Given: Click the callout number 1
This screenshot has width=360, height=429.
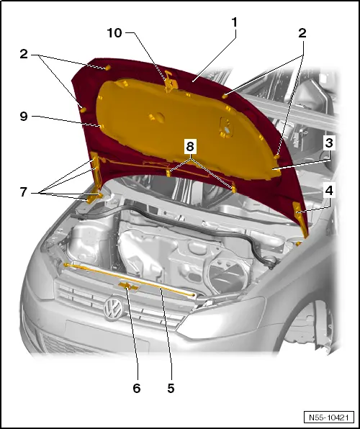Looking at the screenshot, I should [234, 23].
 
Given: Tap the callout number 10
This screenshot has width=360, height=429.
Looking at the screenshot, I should [114, 34].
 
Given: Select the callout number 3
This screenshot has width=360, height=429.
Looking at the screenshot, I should [328, 143].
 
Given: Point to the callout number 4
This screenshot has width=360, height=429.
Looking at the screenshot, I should [329, 193].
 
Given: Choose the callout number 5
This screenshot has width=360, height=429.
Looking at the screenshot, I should [171, 388].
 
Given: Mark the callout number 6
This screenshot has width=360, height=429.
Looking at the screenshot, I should [137, 388].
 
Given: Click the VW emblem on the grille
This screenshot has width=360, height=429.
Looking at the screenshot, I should [113, 311].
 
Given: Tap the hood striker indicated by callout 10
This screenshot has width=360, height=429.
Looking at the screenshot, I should [170, 81].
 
